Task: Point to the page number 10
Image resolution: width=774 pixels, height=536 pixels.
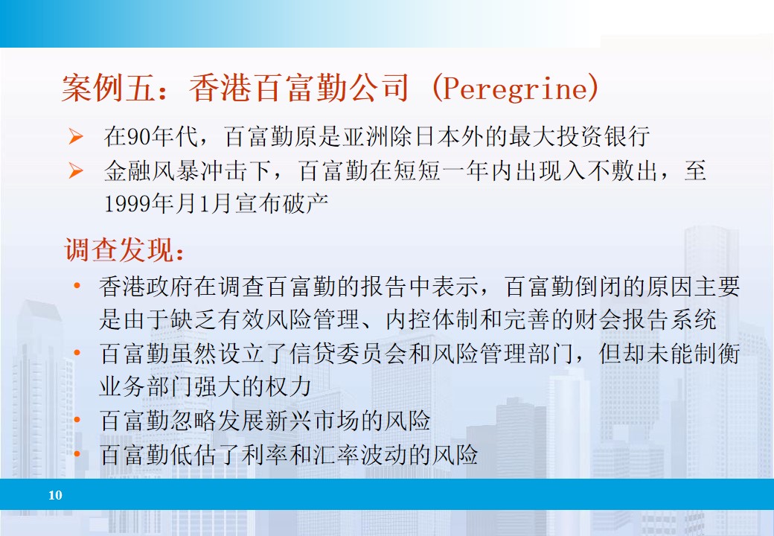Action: click(x=55, y=495)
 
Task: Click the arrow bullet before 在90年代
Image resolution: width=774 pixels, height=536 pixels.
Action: click(x=75, y=137)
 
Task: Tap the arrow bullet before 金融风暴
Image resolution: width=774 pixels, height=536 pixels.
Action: click(x=75, y=172)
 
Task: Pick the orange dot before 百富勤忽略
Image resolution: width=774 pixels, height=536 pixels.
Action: click(x=77, y=421)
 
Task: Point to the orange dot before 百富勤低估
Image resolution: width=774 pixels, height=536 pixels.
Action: click(x=77, y=454)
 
